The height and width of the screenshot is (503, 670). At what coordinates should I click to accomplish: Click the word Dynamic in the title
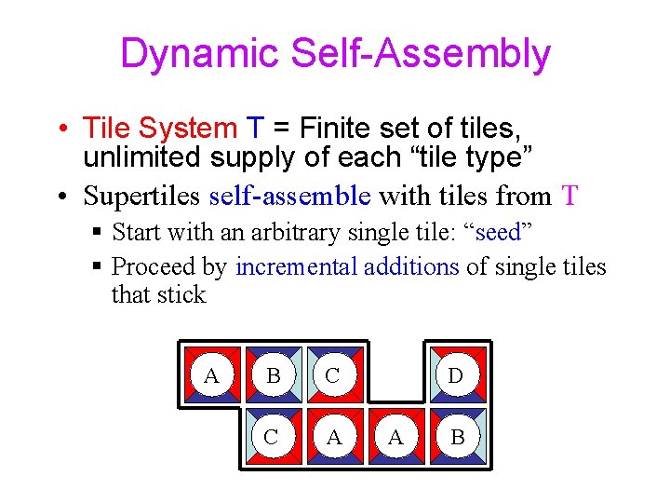200,54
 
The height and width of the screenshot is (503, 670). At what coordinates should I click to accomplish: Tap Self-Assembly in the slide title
421,54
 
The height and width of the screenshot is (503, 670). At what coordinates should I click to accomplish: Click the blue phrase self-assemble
290,196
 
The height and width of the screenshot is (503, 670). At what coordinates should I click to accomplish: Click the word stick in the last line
181,295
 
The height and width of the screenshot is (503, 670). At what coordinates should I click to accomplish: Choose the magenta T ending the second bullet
570,196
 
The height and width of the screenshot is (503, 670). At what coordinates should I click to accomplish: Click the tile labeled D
456,376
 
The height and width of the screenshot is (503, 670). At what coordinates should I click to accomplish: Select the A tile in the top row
212,376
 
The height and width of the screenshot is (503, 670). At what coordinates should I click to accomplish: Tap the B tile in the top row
273,376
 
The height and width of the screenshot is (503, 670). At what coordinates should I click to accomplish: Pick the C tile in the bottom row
273,436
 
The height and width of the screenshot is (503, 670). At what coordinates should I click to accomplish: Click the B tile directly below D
456,436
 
